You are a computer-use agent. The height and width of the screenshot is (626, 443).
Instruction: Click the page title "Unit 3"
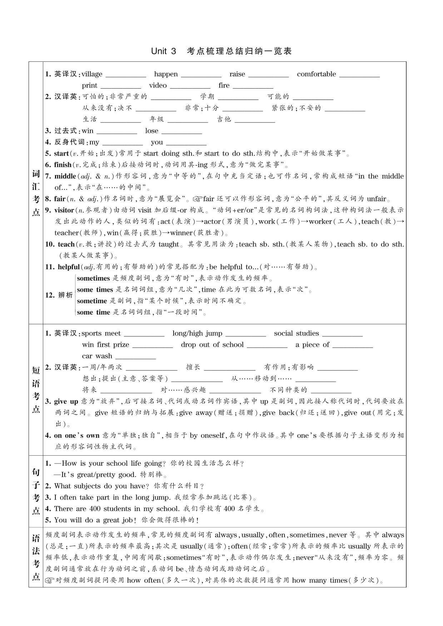pos(164,51)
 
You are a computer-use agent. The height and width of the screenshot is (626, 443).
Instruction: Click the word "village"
pos(92,74)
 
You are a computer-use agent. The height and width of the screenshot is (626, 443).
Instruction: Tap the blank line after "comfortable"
pos(359,76)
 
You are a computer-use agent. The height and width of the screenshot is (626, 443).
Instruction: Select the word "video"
pos(158,85)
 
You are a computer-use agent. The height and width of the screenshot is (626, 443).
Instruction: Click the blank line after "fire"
pos(253,87)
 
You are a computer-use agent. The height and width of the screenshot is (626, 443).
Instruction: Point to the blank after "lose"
pos(182,132)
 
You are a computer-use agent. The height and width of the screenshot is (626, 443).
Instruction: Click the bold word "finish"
pos(63,165)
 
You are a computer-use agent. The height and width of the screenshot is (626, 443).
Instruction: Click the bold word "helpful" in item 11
pos(69,267)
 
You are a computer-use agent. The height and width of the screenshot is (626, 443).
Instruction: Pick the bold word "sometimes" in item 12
pos(93,278)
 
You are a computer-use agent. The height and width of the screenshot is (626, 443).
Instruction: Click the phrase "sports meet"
pos(101,334)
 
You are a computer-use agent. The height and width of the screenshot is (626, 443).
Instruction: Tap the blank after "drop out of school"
pos(267,346)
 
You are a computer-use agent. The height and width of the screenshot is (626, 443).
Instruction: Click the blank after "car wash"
pos(135,358)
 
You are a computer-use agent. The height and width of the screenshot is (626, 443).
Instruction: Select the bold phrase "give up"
pos(66,401)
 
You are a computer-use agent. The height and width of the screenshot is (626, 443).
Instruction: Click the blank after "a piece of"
pos(352,346)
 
